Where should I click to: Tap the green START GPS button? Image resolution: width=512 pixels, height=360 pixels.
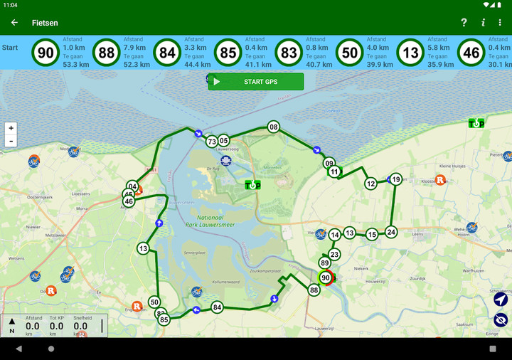(x=256, y=82)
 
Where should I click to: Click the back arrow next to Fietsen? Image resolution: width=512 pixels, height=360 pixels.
(x=14, y=23)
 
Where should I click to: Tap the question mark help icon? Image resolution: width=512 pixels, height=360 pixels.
(x=464, y=23)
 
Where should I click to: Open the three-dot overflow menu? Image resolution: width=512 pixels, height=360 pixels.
(x=500, y=23)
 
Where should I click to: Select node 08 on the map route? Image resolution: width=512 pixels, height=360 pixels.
(x=273, y=127)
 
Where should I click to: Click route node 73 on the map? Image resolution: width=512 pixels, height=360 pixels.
(x=211, y=142)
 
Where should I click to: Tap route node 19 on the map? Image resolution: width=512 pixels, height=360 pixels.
(x=396, y=179)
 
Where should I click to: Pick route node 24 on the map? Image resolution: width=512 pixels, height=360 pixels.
(x=391, y=232)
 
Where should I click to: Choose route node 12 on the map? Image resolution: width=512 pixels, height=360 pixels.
(x=370, y=184)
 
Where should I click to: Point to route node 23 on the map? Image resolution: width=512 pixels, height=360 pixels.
(x=334, y=254)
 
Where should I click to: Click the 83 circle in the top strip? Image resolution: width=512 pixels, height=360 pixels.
(x=289, y=52)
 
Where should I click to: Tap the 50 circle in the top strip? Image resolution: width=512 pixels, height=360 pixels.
(x=349, y=52)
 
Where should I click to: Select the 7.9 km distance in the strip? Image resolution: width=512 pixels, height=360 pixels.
(x=135, y=48)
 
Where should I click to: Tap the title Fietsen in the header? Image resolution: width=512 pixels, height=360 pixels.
(x=45, y=23)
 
